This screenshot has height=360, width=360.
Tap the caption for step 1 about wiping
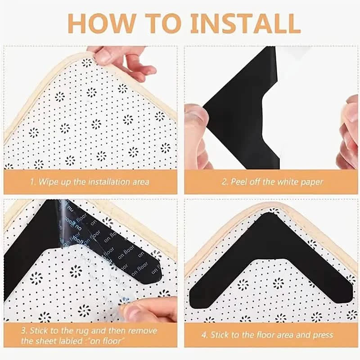(90, 182)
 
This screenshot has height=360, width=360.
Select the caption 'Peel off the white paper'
(272, 182)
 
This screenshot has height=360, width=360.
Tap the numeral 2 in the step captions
(224, 182)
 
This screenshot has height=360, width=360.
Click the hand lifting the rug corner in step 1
(121, 61)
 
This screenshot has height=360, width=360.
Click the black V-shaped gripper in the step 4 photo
(270, 252)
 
